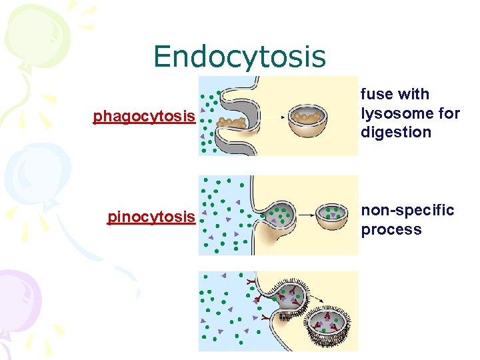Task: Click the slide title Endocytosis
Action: click(239, 57)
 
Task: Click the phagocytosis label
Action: click(144, 117)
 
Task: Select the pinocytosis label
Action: click(151, 217)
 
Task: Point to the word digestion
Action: click(396, 132)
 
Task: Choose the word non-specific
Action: click(407, 211)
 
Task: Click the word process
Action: click(391, 230)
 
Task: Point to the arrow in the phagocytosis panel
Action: click(274, 117)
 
